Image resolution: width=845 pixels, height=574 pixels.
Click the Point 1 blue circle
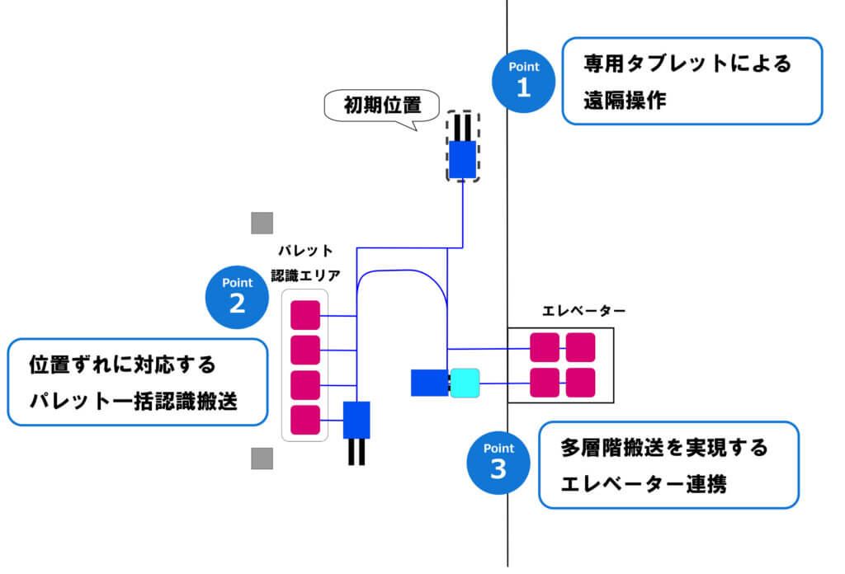(x=523, y=80)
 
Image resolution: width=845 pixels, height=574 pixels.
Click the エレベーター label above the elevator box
(x=583, y=311)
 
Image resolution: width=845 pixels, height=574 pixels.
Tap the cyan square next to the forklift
(x=465, y=383)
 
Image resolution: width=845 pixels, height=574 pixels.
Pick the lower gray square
(x=262, y=459)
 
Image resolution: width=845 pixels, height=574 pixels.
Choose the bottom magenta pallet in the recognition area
(x=305, y=420)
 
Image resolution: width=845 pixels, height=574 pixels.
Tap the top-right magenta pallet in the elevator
(x=580, y=347)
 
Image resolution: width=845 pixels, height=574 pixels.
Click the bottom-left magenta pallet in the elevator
(x=545, y=383)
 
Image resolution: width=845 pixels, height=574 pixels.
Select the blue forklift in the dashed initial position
(x=462, y=159)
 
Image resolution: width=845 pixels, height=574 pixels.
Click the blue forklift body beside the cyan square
(x=429, y=383)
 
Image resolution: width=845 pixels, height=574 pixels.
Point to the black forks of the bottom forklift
(x=356, y=452)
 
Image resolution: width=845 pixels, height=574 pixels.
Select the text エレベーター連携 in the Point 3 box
(x=643, y=484)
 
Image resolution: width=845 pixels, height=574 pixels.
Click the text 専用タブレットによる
(x=687, y=64)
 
